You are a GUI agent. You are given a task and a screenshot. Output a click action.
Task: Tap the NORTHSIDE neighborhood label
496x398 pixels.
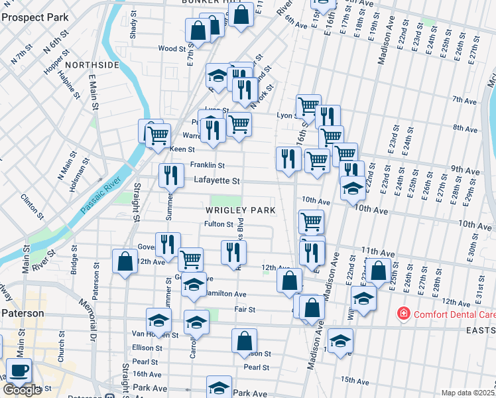(x=92, y=65)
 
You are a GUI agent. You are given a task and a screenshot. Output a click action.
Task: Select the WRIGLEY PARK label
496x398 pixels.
(x=239, y=210)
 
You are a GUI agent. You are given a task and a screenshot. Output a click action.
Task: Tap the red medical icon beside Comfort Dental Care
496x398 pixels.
(x=403, y=312)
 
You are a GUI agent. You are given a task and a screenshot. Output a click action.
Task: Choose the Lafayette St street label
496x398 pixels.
(x=216, y=180)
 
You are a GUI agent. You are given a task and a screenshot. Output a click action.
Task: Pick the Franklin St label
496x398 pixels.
(x=207, y=165)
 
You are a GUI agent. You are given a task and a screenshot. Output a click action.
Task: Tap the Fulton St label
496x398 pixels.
(x=218, y=224)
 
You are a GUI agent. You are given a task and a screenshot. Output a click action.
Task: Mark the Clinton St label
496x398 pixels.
(x=31, y=206)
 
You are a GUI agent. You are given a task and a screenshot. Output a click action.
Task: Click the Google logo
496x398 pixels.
(x=22, y=390)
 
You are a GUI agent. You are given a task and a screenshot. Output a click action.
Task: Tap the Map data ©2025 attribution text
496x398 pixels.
(x=467, y=393)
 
